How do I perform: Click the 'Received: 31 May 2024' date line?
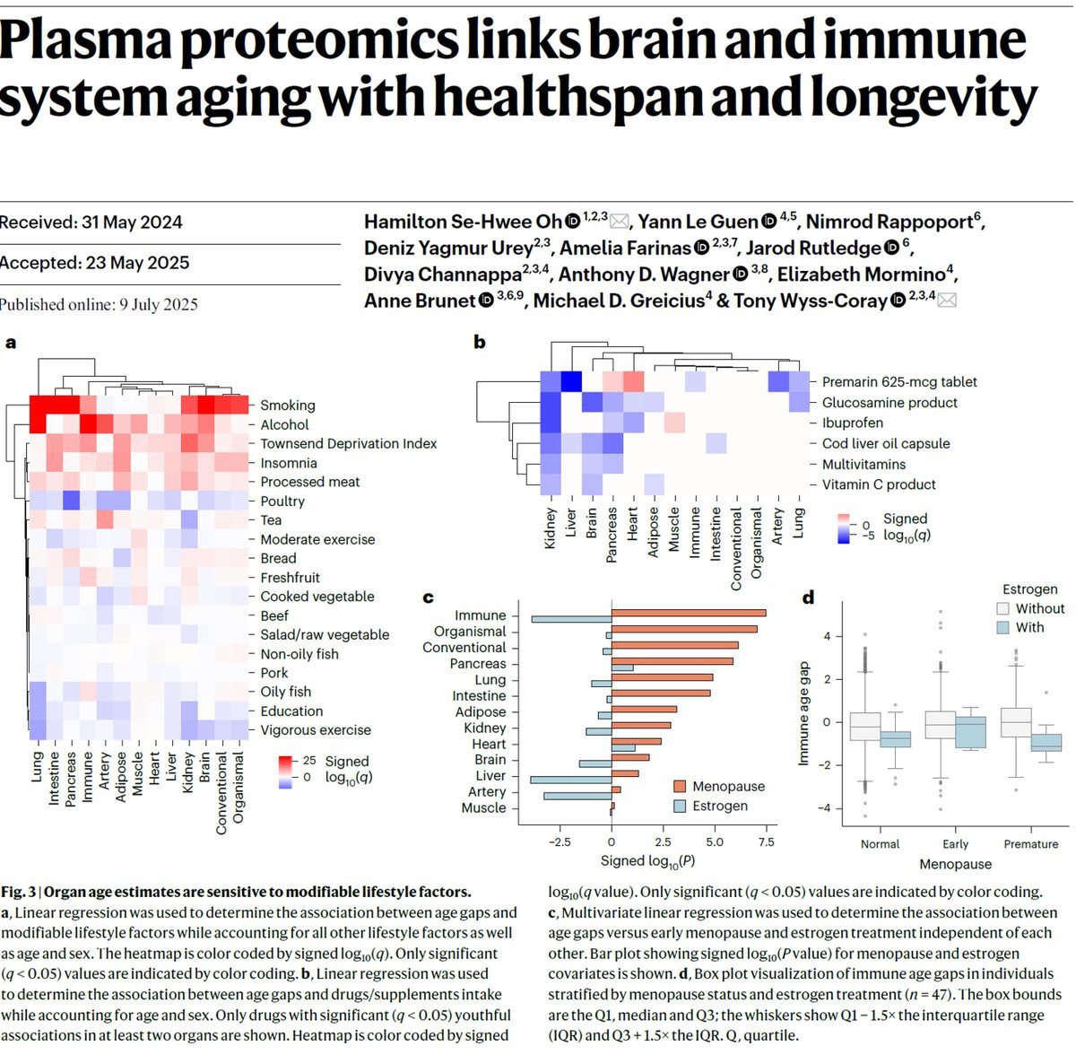[91, 222]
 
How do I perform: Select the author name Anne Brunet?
[419, 301]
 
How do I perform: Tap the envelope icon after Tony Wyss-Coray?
[947, 301]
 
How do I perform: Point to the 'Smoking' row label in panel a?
[287, 405]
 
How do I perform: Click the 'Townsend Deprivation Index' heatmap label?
[348, 444]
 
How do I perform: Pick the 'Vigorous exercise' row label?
[315, 730]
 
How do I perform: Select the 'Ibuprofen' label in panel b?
[852, 423]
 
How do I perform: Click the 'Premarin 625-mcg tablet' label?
[898, 382]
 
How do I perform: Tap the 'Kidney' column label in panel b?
[551, 528]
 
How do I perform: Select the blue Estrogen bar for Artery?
[577, 796]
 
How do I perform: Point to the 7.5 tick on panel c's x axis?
[766, 842]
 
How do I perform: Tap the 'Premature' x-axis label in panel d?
[1030, 844]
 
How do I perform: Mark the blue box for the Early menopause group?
[970, 732]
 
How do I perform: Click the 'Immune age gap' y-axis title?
[803, 714]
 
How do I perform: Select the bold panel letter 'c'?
[428, 597]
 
